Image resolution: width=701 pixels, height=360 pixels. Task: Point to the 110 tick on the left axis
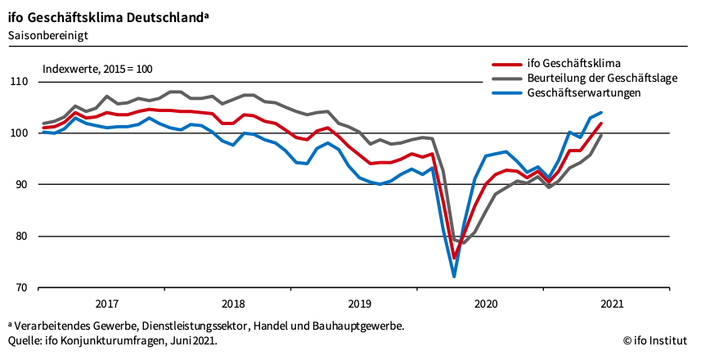pyautogui.click(x=20, y=82)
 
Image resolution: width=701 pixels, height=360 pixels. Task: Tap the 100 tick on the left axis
pyautogui.click(x=20, y=133)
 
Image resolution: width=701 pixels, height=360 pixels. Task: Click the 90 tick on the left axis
pyautogui.click(x=21, y=185)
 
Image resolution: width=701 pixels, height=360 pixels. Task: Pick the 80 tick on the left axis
pyautogui.click(x=21, y=236)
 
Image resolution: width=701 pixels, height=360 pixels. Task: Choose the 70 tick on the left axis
pyautogui.click(x=21, y=288)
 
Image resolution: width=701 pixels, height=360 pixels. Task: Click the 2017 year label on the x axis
pyautogui.click(x=106, y=304)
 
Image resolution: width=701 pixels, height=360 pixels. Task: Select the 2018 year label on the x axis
pyautogui.click(x=233, y=304)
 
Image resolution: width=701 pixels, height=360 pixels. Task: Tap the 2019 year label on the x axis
pyautogui.click(x=360, y=304)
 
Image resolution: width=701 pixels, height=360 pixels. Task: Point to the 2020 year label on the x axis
pyautogui.click(x=487, y=304)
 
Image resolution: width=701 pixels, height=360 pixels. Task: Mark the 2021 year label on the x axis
pyautogui.click(x=613, y=304)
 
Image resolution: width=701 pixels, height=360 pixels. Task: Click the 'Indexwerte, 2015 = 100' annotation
pyautogui.click(x=97, y=69)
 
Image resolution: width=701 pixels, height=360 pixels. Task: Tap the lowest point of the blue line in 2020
pyautogui.click(x=454, y=277)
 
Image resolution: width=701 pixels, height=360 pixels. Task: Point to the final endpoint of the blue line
pyautogui.click(x=601, y=113)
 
